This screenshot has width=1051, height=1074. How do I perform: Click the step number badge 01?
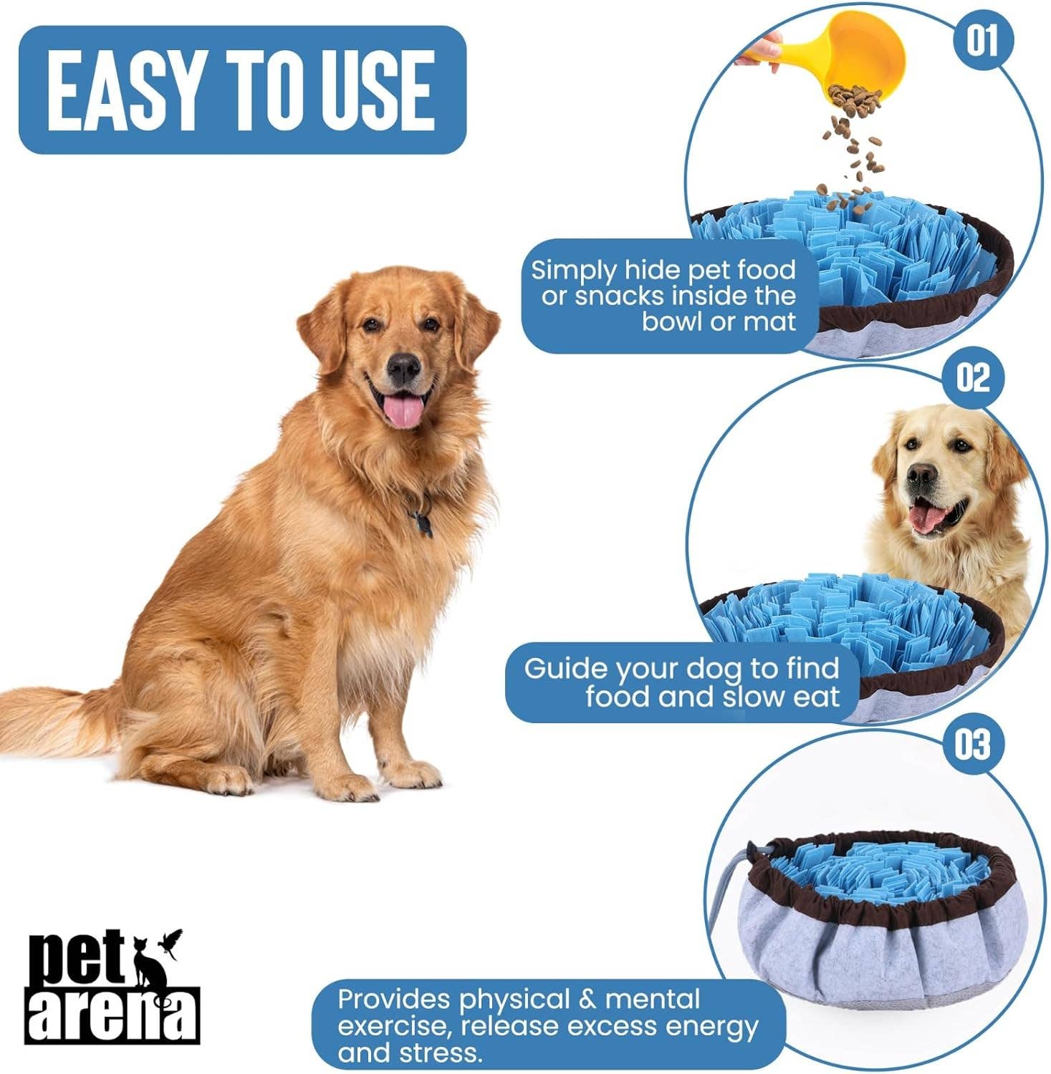(x=981, y=40)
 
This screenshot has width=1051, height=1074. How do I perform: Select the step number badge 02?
(x=973, y=377)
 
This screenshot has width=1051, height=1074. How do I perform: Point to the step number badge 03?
(x=971, y=745)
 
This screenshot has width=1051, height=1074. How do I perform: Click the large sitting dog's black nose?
(x=404, y=367)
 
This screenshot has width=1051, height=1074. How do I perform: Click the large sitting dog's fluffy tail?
(x=50, y=716)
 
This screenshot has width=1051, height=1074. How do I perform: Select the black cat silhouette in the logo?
(x=151, y=967)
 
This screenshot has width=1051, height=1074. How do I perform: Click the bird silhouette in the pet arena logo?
(x=173, y=939)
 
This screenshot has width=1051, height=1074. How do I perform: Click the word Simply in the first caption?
(x=573, y=271)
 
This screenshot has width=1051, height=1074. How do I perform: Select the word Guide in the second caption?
(x=566, y=669)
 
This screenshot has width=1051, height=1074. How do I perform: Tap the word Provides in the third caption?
(x=394, y=999)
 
